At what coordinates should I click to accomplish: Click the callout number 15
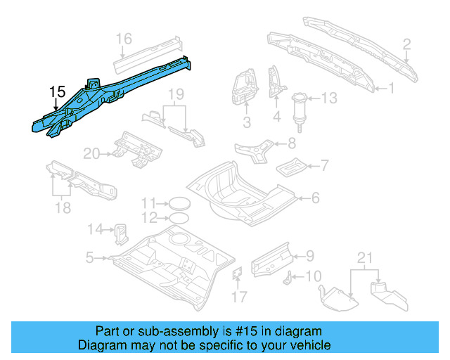click(57, 92)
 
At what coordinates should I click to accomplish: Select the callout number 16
click(124, 38)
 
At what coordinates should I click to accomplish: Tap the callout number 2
click(406, 46)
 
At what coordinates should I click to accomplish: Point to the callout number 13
click(330, 98)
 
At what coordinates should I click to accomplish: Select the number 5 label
click(89, 258)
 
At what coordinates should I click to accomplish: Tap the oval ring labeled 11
click(181, 204)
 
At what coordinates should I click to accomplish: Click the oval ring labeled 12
click(181, 218)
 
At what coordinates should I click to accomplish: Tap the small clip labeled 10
click(287, 280)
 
